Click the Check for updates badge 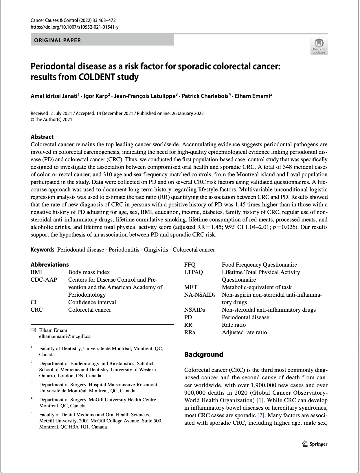319,46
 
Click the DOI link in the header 74,27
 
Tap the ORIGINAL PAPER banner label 58,40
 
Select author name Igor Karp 95,96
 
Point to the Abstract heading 42,137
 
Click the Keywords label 43,250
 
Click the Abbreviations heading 50,265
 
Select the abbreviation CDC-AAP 44,280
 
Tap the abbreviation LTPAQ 194,272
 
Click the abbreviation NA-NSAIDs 200,295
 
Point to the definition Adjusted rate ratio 244,332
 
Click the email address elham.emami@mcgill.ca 65,337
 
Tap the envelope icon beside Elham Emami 33,330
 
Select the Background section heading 204,354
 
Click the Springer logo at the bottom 315,444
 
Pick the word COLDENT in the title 97,77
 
